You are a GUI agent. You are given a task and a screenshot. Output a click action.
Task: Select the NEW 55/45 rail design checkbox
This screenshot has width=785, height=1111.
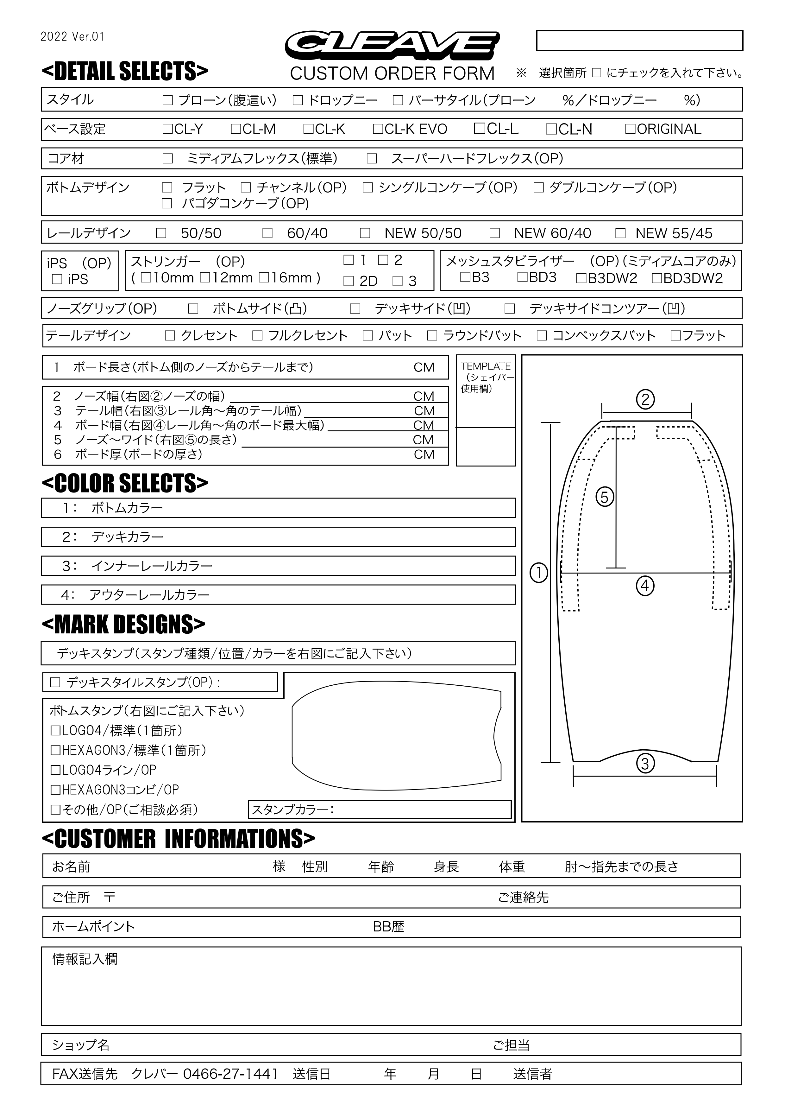(620, 233)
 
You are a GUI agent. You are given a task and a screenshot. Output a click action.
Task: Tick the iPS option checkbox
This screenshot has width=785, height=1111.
(57, 279)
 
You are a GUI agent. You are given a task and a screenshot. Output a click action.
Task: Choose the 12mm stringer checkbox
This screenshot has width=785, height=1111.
(205, 278)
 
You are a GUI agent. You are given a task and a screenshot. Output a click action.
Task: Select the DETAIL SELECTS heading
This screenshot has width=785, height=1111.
(125, 71)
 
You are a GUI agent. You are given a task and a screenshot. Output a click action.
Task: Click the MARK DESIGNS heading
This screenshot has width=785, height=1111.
(123, 624)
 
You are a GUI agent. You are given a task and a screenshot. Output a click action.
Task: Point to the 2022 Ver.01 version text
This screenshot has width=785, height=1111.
(72, 37)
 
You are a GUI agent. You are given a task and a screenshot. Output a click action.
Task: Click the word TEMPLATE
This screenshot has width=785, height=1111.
(485, 366)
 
